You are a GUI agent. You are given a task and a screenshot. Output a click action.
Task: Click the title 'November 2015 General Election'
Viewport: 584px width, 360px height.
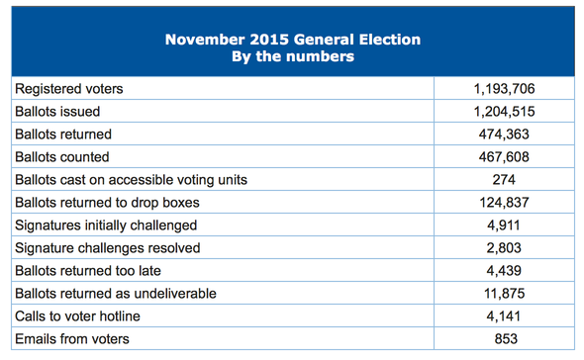pos(292,41)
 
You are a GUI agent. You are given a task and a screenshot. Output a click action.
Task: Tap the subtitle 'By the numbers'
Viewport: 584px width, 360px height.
pos(292,57)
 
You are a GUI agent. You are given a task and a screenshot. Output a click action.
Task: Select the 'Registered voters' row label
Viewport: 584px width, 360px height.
pos(68,89)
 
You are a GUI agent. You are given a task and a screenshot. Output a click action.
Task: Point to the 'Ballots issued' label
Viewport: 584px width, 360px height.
pos(57,112)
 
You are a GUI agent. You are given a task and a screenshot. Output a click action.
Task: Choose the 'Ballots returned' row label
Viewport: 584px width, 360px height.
pos(63,135)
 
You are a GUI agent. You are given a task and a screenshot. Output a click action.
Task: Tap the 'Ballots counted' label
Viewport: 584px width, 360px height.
pos(61,157)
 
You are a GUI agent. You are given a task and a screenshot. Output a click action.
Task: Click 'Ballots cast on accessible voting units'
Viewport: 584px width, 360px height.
pos(131,180)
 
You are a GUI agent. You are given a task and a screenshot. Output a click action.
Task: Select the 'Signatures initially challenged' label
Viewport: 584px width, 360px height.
pos(106,225)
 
